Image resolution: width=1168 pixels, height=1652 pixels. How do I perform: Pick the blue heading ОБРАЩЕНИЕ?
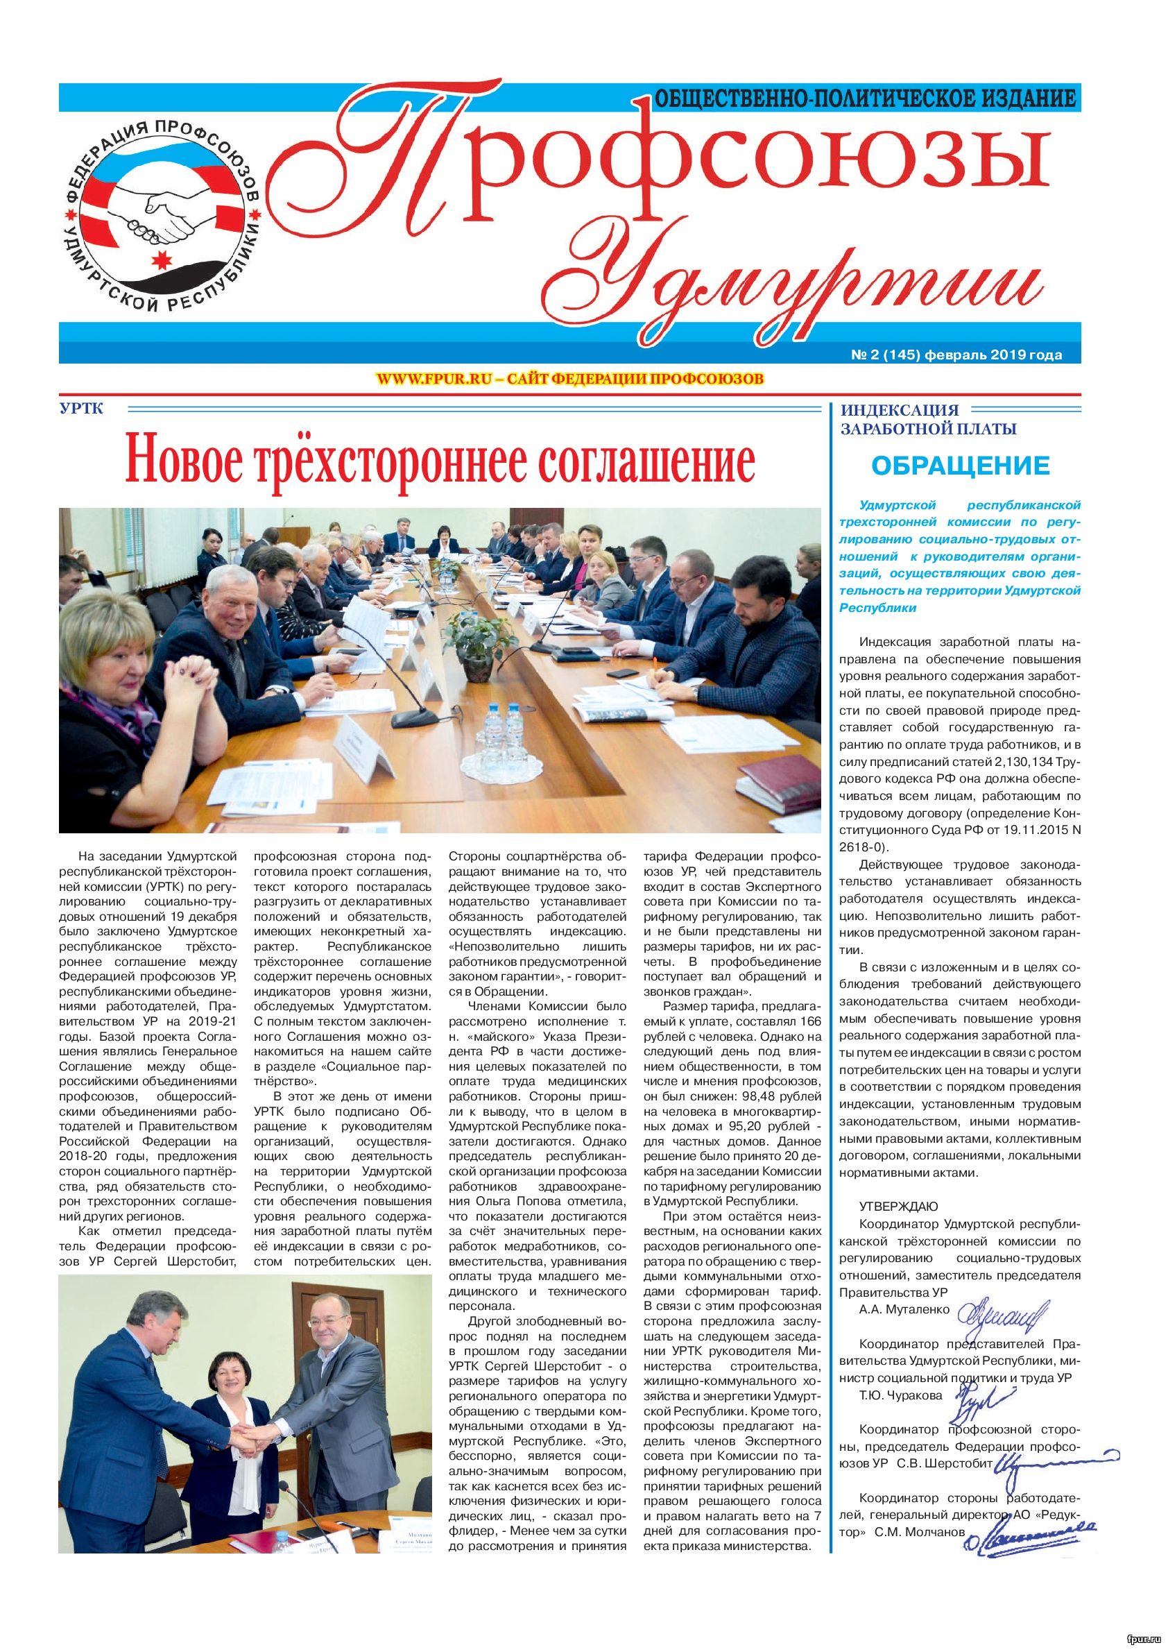click(x=960, y=466)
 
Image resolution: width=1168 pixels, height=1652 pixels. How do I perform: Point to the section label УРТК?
click(x=83, y=409)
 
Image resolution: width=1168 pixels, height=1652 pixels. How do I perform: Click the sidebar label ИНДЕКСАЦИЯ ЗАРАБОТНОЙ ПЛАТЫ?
click(x=928, y=420)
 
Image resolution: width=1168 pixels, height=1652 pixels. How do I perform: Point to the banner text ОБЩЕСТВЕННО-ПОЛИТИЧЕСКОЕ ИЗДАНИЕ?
click(x=863, y=98)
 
